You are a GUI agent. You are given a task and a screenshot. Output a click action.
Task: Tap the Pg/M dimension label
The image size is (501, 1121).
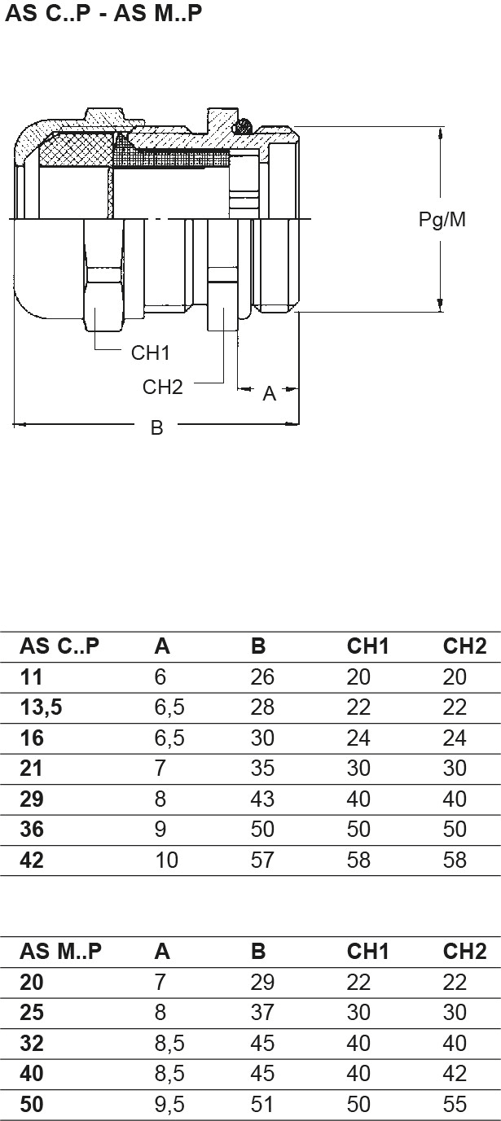[x=442, y=220]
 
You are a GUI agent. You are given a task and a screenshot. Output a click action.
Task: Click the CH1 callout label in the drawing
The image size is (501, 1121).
[x=150, y=353]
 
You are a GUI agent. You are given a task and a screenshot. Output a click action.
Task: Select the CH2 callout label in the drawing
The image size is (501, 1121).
[x=162, y=387]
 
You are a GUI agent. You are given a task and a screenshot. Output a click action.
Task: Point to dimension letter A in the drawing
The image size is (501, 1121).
[x=269, y=395]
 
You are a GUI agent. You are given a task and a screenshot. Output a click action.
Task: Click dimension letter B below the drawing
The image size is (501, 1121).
[x=157, y=427]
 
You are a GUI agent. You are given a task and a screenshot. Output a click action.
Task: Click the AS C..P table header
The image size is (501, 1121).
[x=59, y=646]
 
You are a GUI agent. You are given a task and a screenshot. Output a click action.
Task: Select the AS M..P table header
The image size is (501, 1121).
[x=61, y=951]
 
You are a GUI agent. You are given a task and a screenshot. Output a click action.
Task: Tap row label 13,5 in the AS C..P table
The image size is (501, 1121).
[x=42, y=707]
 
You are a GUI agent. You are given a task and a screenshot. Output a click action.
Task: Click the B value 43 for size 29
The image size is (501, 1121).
[x=262, y=799]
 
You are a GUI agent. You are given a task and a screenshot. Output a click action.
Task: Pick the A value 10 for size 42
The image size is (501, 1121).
[x=166, y=860]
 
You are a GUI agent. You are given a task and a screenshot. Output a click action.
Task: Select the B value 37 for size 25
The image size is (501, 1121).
[x=262, y=1013]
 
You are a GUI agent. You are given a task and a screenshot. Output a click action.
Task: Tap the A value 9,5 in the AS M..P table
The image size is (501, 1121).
[x=169, y=1104]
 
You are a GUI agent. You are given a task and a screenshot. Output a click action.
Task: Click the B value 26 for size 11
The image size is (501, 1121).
[x=262, y=677]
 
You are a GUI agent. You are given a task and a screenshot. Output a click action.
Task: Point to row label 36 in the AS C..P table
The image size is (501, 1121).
[x=33, y=830]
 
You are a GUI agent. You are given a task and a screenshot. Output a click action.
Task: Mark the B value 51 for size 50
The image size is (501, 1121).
[x=262, y=1104]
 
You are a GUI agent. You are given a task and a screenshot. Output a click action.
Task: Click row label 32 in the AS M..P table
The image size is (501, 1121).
[x=33, y=1044]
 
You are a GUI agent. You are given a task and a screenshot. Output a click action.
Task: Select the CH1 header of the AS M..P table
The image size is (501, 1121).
[x=368, y=951]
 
